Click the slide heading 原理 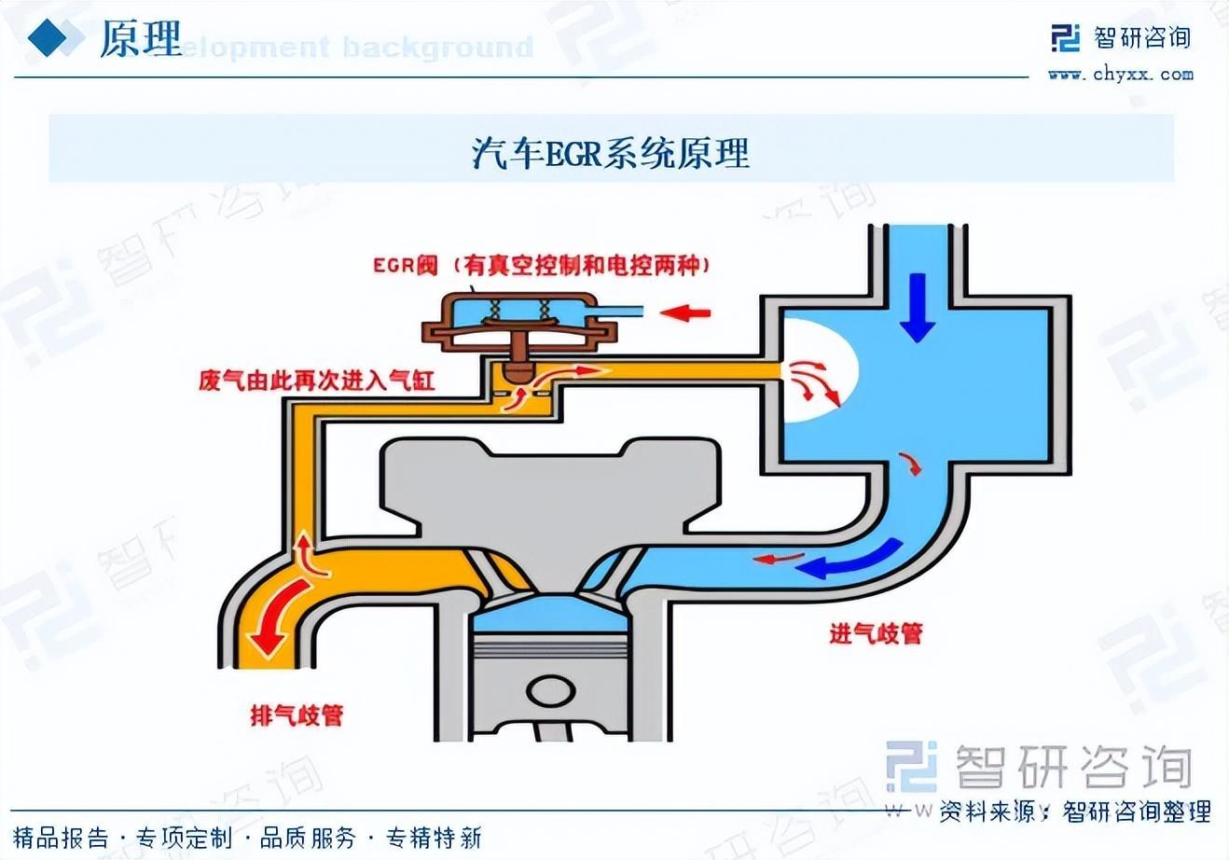[140, 38]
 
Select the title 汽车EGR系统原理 [611, 152]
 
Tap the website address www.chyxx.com [1120, 74]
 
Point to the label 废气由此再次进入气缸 [316, 381]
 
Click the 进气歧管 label [876, 634]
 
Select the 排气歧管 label [297, 715]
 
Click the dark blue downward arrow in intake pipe [918, 307]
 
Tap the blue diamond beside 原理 [50, 38]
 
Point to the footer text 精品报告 [62, 838]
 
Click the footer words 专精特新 [434, 838]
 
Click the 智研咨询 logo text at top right [1142, 37]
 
